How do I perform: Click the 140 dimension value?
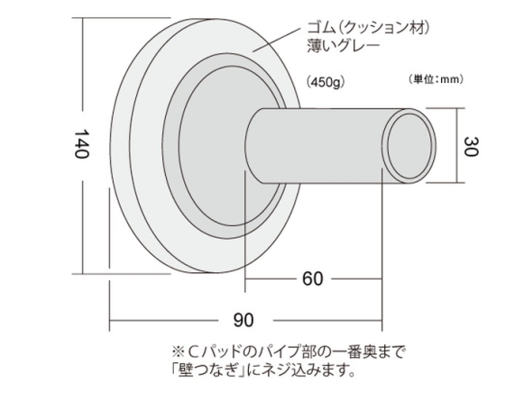click(81, 144)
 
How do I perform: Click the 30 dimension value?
click(472, 146)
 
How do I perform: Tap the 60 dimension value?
click(313, 279)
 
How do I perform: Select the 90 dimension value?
click(244, 320)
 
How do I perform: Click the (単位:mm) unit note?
click(436, 79)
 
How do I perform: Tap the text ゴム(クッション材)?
click(368, 28)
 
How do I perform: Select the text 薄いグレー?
click(344, 46)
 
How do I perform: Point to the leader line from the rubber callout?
click(277, 40)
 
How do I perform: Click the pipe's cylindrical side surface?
click(317, 146)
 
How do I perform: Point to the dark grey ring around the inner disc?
click(171, 147)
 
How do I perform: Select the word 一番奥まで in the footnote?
click(365, 352)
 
